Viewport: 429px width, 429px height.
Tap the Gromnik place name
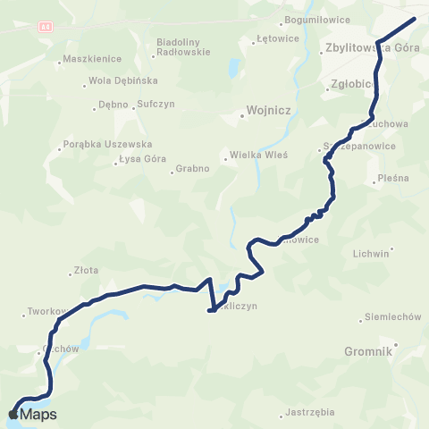click(x=367, y=352)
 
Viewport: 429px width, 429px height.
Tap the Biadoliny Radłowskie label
click(x=183, y=47)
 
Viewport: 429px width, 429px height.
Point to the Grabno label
click(x=192, y=168)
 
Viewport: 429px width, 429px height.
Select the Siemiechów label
click(x=393, y=317)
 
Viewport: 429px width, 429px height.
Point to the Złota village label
click(x=86, y=273)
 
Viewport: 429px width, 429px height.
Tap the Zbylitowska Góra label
click(x=367, y=49)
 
